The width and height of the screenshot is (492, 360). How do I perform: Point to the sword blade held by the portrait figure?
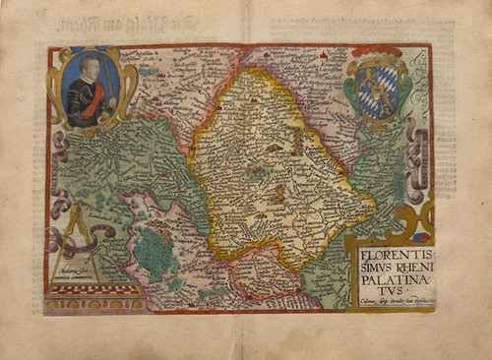(107, 84)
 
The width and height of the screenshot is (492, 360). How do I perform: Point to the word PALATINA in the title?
(390, 280)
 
